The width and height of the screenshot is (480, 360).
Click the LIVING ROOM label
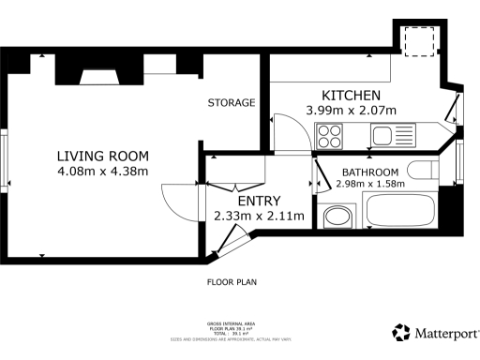point(102,156)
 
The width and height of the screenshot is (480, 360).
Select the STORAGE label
point(232,102)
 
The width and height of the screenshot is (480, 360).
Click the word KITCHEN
point(351,96)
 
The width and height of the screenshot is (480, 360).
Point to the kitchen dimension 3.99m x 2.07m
point(352,111)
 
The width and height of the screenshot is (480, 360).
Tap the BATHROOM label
point(369,172)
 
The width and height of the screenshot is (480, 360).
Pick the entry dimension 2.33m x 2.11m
point(260,216)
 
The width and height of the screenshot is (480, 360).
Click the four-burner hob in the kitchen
point(330,138)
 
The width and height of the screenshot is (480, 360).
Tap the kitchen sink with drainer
point(395,137)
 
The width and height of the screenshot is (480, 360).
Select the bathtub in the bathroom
point(400,210)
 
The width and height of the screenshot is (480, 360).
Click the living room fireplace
point(97,77)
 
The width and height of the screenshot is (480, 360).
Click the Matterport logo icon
point(401,333)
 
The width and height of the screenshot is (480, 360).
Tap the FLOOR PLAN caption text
point(232,281)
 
